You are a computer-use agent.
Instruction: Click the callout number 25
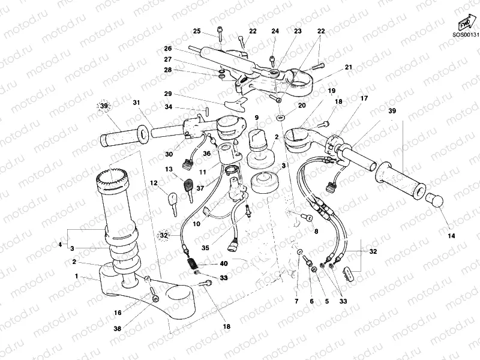[x=197, y=31]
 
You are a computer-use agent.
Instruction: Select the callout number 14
[x=452, y=236]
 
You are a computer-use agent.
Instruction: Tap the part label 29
[x=168, y=94]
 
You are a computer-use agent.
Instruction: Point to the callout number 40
[x=224, y=264]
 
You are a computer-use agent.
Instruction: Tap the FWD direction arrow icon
[x=464, y=23]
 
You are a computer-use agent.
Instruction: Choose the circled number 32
[x=164, y=235]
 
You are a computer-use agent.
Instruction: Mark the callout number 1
[x=76, y=276]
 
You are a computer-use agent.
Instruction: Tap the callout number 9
[x=256, y=118]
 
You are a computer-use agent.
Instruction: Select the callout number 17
[x=364, y=98]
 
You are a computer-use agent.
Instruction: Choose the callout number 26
[x=168, y=48]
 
